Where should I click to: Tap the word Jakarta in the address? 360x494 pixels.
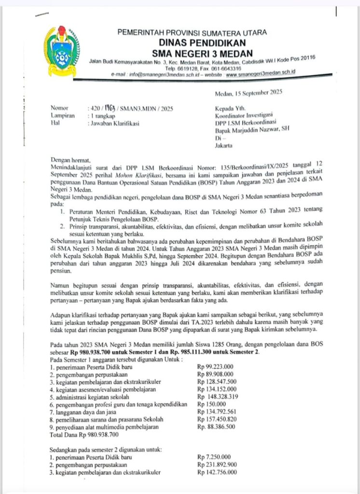click(223, 145)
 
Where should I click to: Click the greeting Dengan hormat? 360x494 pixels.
click(70, 160)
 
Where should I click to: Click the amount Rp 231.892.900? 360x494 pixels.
click(217, 465)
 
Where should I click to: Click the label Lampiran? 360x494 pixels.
click(62, 116)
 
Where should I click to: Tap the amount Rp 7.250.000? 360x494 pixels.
click(214, 457)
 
